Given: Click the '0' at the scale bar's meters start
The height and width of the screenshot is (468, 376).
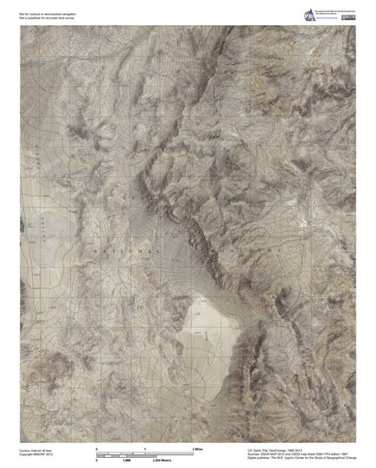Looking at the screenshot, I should [x=96, y=461].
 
